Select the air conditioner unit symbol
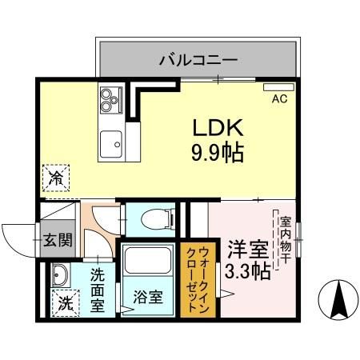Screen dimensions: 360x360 pyautogui.click(x=279, y=87)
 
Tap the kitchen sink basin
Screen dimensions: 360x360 pyautogui.click(x=110, y=143)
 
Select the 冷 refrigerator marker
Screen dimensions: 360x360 pyautogui.click(x=57, y=176)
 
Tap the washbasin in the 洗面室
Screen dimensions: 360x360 pyautogui.click(x=58, y=276)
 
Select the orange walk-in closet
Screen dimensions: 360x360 pyautogui.click(x=196, y=280)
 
